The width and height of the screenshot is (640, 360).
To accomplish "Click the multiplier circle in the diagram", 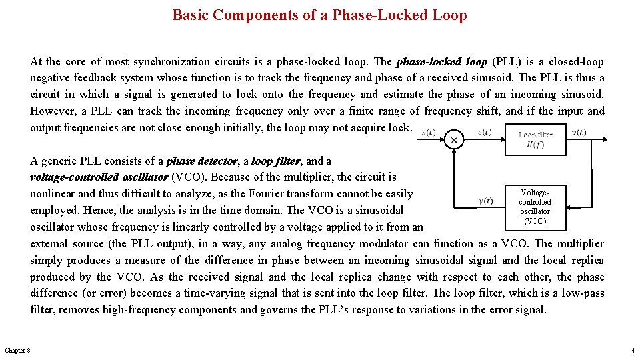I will pyautogui.click(x=454, y=140).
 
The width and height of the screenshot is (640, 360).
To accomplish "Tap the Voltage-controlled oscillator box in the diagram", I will pyautogui.click(x=535, y=206).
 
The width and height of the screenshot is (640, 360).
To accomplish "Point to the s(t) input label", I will pyautogui.click(x=429, y=132).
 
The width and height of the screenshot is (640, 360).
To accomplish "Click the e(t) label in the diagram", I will pyautogui.click(x=485, y=132).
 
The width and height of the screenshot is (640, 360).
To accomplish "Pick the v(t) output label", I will pyautogui.click(x=579, y=132).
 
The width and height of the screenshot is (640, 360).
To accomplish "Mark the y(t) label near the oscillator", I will pyautogui.click(x=486, y=201).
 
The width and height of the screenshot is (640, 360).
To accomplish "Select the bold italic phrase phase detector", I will pyautogui.click(x=201, y=161).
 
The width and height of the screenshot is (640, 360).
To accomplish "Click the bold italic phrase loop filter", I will pyautogui.click(x=276, y=161).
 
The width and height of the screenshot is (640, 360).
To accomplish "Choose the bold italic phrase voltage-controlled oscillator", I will pyautogui.click(x=99, y=177).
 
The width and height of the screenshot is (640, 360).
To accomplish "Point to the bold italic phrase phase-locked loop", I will pyautogui.click(x=441, y=62).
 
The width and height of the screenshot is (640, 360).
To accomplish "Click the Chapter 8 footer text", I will pyautogui.click(x=17, y=350).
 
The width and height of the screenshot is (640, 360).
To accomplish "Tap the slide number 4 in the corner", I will pyautogui.click(x=632, y=350).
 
